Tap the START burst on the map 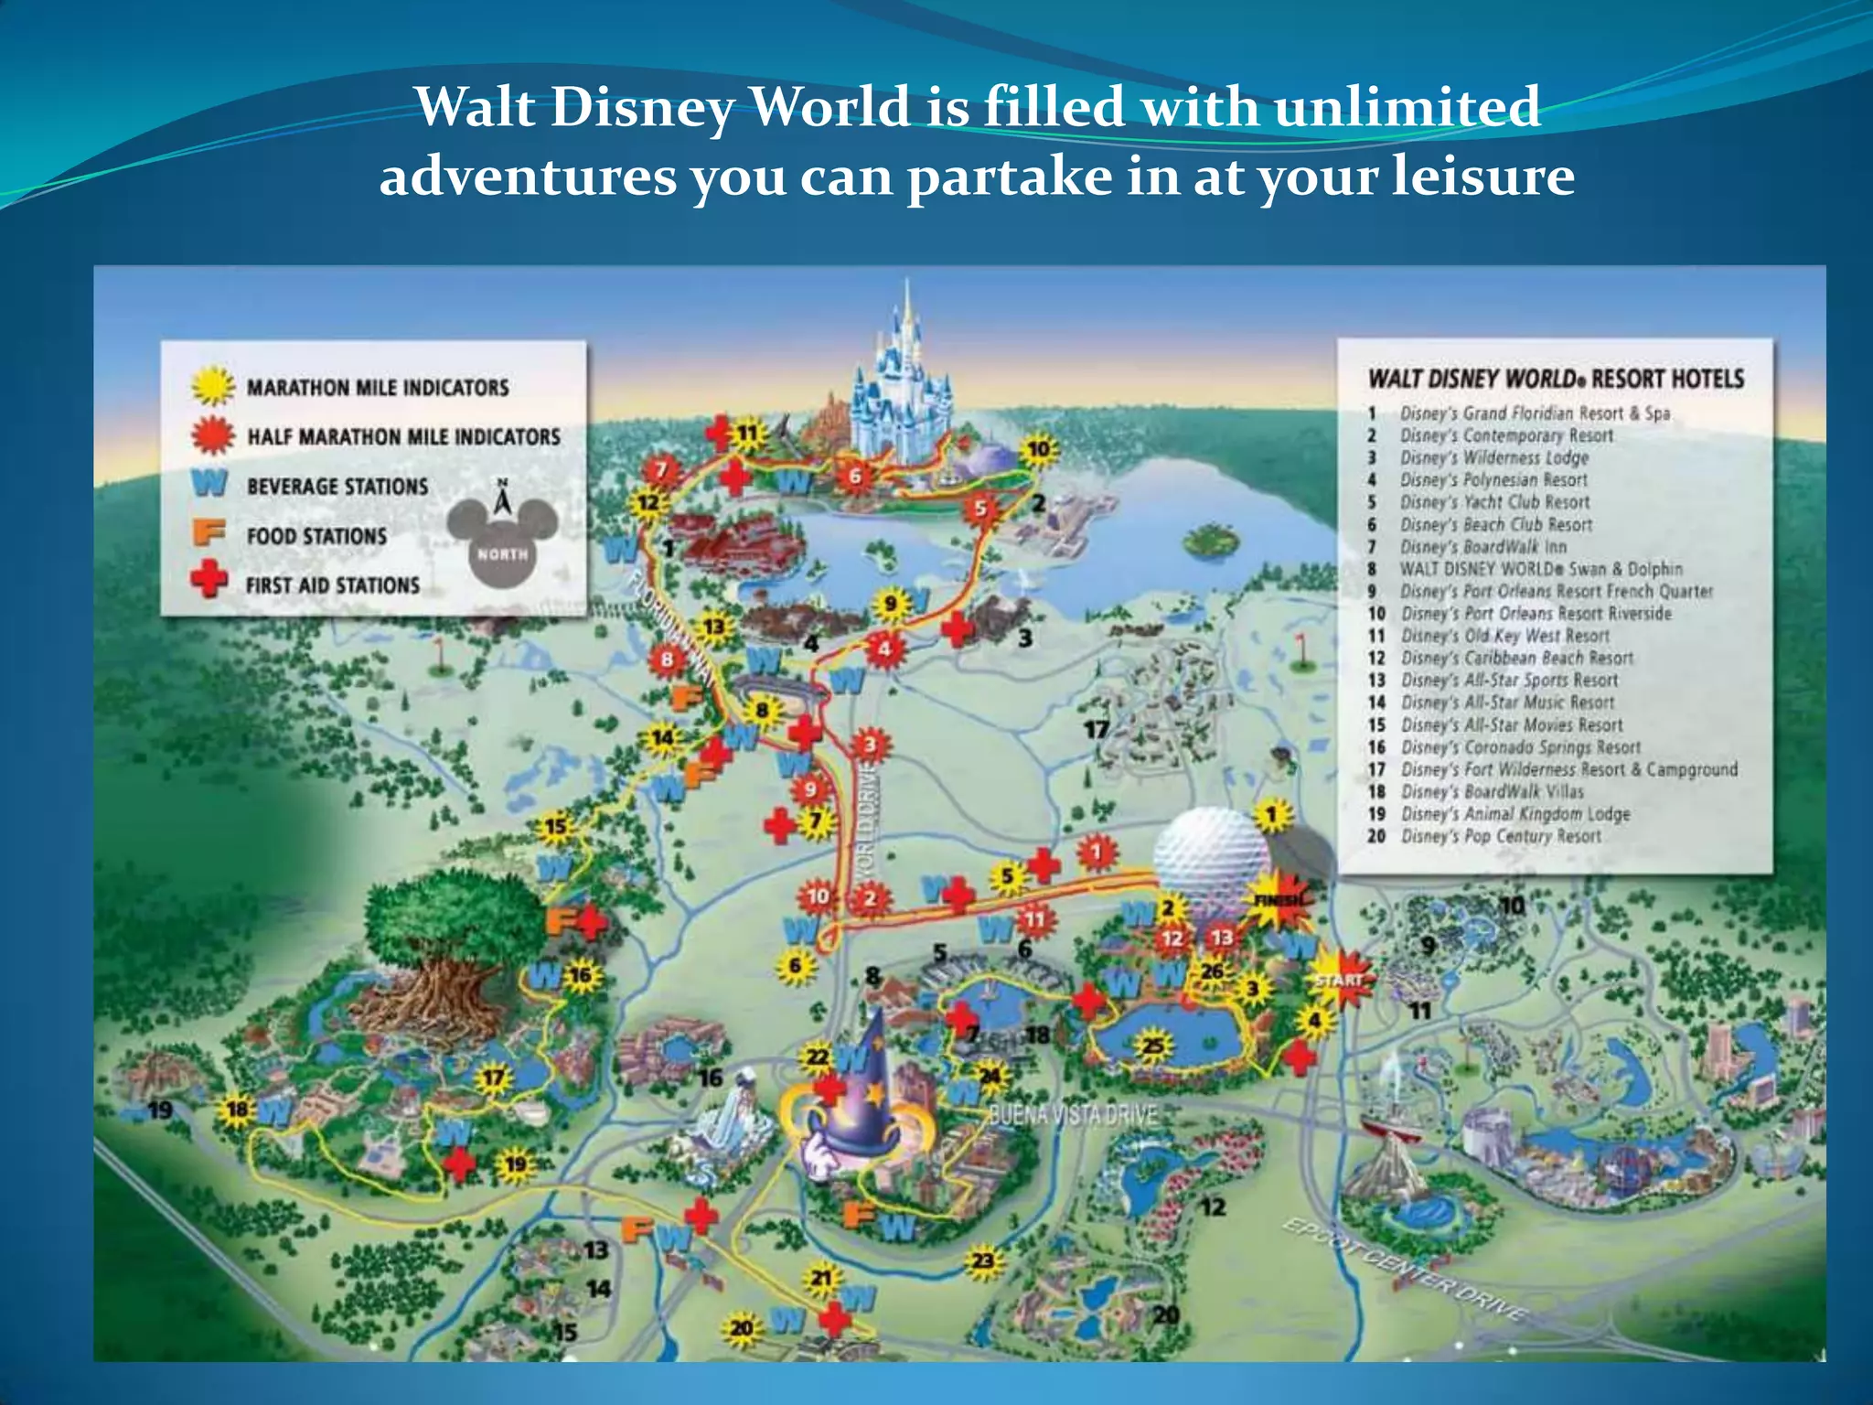click(1338, 980)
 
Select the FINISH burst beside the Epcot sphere click(1279, 901)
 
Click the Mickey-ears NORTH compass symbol click(503, 540)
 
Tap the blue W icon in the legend click(209, 483)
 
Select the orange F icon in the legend click(209, 532)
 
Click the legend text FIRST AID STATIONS click(332, 585)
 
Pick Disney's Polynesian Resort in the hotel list click(1493, 480)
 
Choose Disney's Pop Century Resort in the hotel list click(1501, 836)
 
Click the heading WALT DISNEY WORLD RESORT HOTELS click(1556, 379)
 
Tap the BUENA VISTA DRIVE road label click(1074, 1115)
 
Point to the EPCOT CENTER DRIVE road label click(1404, 1270)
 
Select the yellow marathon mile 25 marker click(1154, 1045)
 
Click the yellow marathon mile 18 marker click(238, 1110)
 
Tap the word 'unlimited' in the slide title click(1407, 107)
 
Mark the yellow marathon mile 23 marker click(982, 1261)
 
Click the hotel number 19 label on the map click(160, 1110)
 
